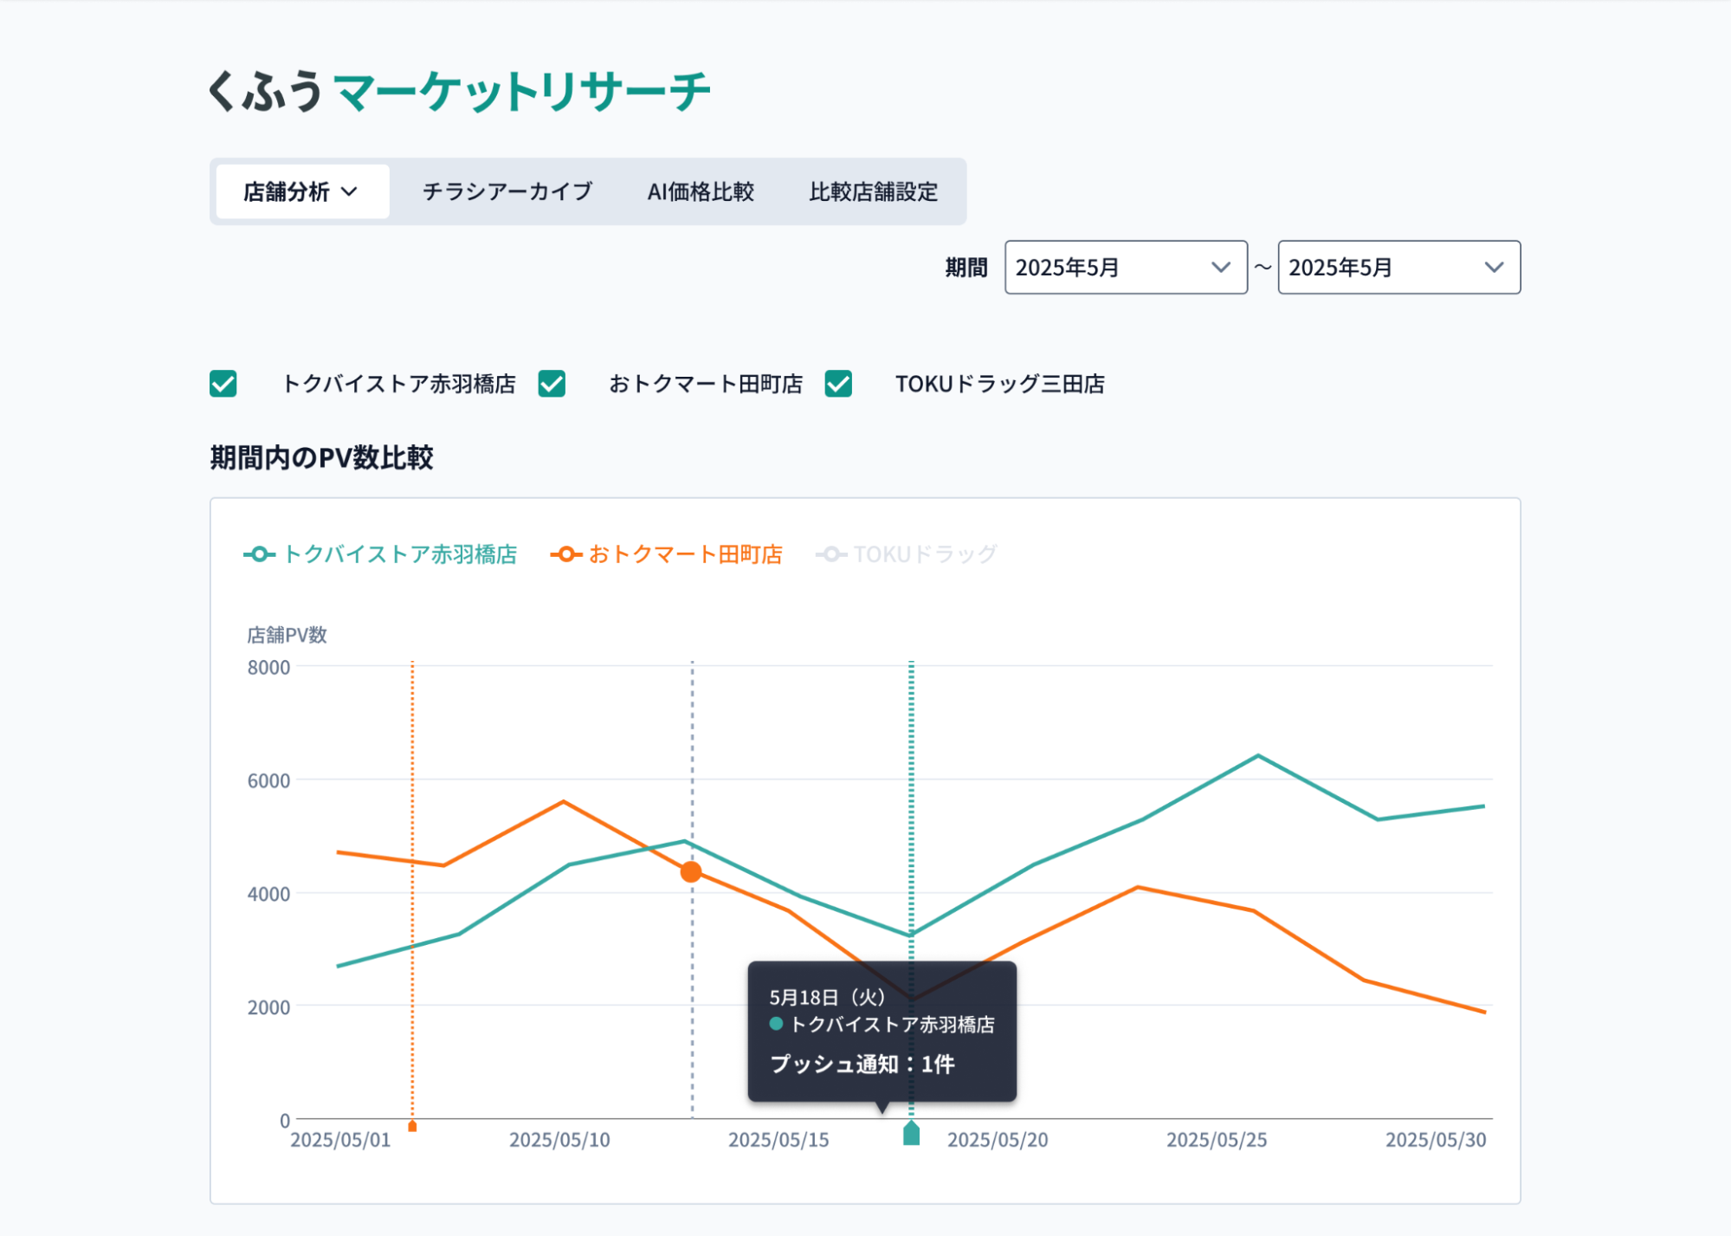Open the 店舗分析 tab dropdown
pyautogui.click(x=301, y=191)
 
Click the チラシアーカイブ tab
pyautogui.click(x=507, y=191)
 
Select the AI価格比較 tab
pyautogui.click(x=701, y=191)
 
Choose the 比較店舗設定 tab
pyautogui.click(x=873, y=191)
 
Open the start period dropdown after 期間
pyautogui.click(x=1125, y=268)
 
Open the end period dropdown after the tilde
pyautogui.click(x=1398, y=268)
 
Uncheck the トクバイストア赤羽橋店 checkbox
pyautogui.click(x=223, y=384)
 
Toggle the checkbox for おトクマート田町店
pyautogui.click(x=552, y=384)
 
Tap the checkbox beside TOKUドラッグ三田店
pyautogui.click(x=838, y=384)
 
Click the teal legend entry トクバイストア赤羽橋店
pyautogui.click(x=381, y=554)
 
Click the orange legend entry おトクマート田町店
pyautogui.click(x=667, y=554)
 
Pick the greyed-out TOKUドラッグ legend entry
pyautogui.click(x=907, y=554)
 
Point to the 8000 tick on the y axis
pyautogui.click(x=268, y=668)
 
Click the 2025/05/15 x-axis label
pyautogui.click(x=778, y=1140)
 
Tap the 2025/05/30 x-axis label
pyautogui.click(x=1435, y=1140)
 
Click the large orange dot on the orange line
pyautogui.click(x=691, y=872)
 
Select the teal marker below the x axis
pyautogui.click(x=911, y=1134)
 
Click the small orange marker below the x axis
pyautogui.click(x=412, y=1126)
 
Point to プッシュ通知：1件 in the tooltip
pyautogui.click(x=862, y=1064)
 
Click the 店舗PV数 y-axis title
pyautogui.click(x=287, y=635)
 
